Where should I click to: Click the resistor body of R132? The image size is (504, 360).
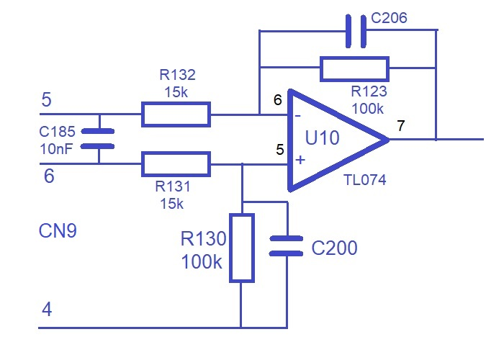point(176,114)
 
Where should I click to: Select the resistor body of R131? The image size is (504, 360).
point(176,164)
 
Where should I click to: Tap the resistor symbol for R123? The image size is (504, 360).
point(354,69)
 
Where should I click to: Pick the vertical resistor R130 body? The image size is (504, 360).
point(242,248)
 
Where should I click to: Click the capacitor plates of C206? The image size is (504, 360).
point(356,31)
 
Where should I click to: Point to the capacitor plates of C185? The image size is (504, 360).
point(98,139)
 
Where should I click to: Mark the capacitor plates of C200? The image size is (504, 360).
point(286,246)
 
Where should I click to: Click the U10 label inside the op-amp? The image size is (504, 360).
point(322,138)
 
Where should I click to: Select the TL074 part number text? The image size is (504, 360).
point(365,180)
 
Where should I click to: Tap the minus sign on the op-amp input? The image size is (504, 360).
point(298,116)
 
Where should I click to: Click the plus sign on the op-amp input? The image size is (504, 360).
point(300,160)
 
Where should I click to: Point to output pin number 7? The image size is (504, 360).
point(400,126)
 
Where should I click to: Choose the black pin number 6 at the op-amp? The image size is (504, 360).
point(278,100)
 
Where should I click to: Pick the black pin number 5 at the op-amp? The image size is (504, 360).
point(280,150)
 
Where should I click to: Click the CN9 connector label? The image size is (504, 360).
point(58,231)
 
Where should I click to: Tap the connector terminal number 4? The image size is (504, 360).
point(47,310)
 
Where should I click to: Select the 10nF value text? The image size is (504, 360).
point(56,149)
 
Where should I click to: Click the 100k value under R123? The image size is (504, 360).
point(368,109)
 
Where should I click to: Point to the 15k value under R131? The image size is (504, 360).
point(171,204)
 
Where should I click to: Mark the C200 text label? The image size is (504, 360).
point(334,248)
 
